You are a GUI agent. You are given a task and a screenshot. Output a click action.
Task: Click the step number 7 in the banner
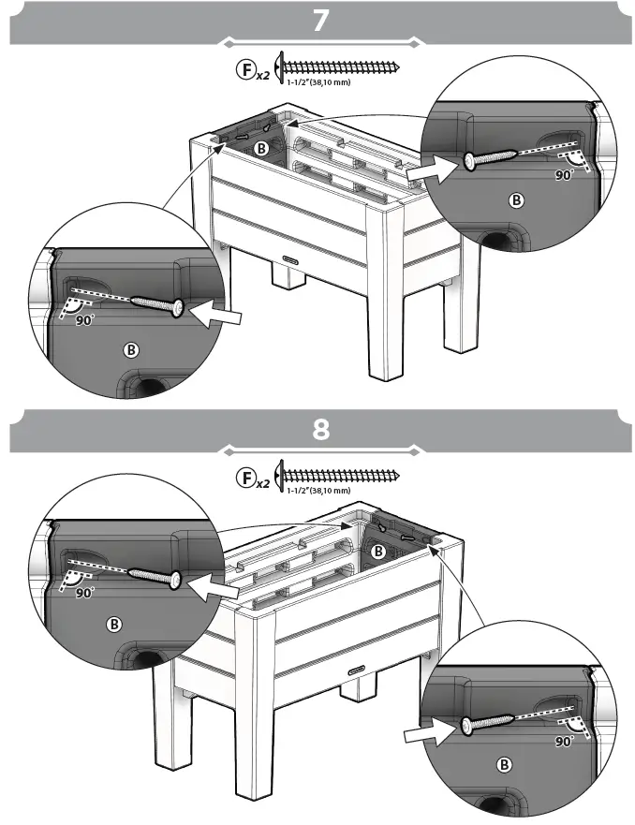pyautogui.click(x=320, y=20)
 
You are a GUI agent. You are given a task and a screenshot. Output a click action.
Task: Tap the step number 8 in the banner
pyautogui.click(x=320, y=430)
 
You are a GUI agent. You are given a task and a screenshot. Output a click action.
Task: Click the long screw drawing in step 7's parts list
pyautogui.click(x=342, y=68)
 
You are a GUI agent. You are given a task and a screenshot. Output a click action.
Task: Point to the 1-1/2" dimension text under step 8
pyautogui.click(x=318, y=490)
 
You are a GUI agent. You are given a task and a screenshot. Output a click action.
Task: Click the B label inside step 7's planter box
pyautogui.click(x=263, y=148)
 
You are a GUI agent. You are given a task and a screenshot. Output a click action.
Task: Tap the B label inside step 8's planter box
pyautogui.click(x=378, y=552)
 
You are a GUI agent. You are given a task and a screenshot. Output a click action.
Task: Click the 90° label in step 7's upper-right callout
pyautogui.click(x=563, y=174)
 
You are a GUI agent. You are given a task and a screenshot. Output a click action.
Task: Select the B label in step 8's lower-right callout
pyautogui.click(x=505, y=765)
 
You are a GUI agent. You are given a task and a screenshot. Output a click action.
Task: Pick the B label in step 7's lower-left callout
pyautogui.click(x=132, y=349)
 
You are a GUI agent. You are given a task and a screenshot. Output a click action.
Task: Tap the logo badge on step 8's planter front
pyautogui.click(x=357, y=669)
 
